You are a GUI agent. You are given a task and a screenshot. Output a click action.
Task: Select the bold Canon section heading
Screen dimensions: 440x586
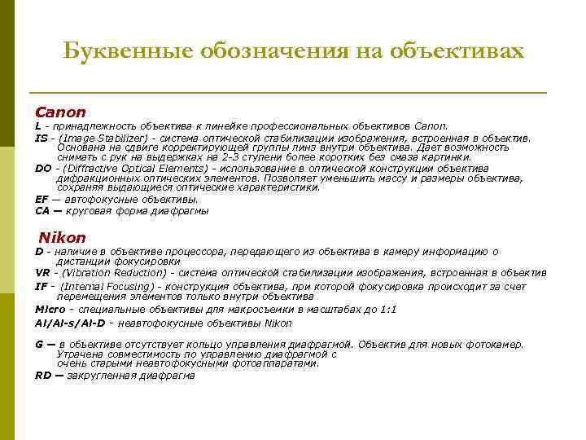[60, 112]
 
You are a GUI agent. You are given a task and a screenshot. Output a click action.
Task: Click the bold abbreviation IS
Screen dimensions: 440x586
[41, 139]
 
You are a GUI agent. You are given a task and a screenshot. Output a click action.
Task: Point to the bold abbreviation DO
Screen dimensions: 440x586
[42, 169]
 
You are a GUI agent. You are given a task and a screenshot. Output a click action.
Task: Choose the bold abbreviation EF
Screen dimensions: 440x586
[42, 199]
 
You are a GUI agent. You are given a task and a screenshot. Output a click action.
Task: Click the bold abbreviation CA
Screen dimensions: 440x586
[42, 210]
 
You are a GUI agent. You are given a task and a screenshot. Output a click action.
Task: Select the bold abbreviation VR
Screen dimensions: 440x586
[42, 273]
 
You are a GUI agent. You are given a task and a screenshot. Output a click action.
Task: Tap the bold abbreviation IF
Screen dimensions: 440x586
[41, 286]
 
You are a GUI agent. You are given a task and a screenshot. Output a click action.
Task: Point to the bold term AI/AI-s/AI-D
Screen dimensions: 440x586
[70, 323]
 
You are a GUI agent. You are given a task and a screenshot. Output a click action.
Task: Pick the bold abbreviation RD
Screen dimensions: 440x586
[42, 376]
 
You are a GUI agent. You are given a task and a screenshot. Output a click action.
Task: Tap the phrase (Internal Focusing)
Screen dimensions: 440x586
[107, 286]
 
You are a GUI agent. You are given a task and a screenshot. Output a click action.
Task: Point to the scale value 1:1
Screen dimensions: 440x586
[388, 310]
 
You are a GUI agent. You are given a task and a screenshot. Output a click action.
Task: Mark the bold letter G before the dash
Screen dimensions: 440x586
[39, 345]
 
